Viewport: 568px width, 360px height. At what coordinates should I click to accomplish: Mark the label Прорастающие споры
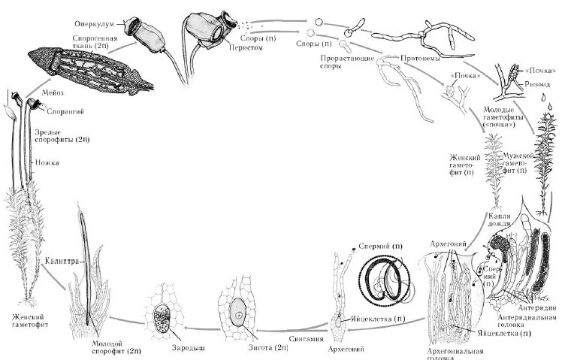tap(340, 62)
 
